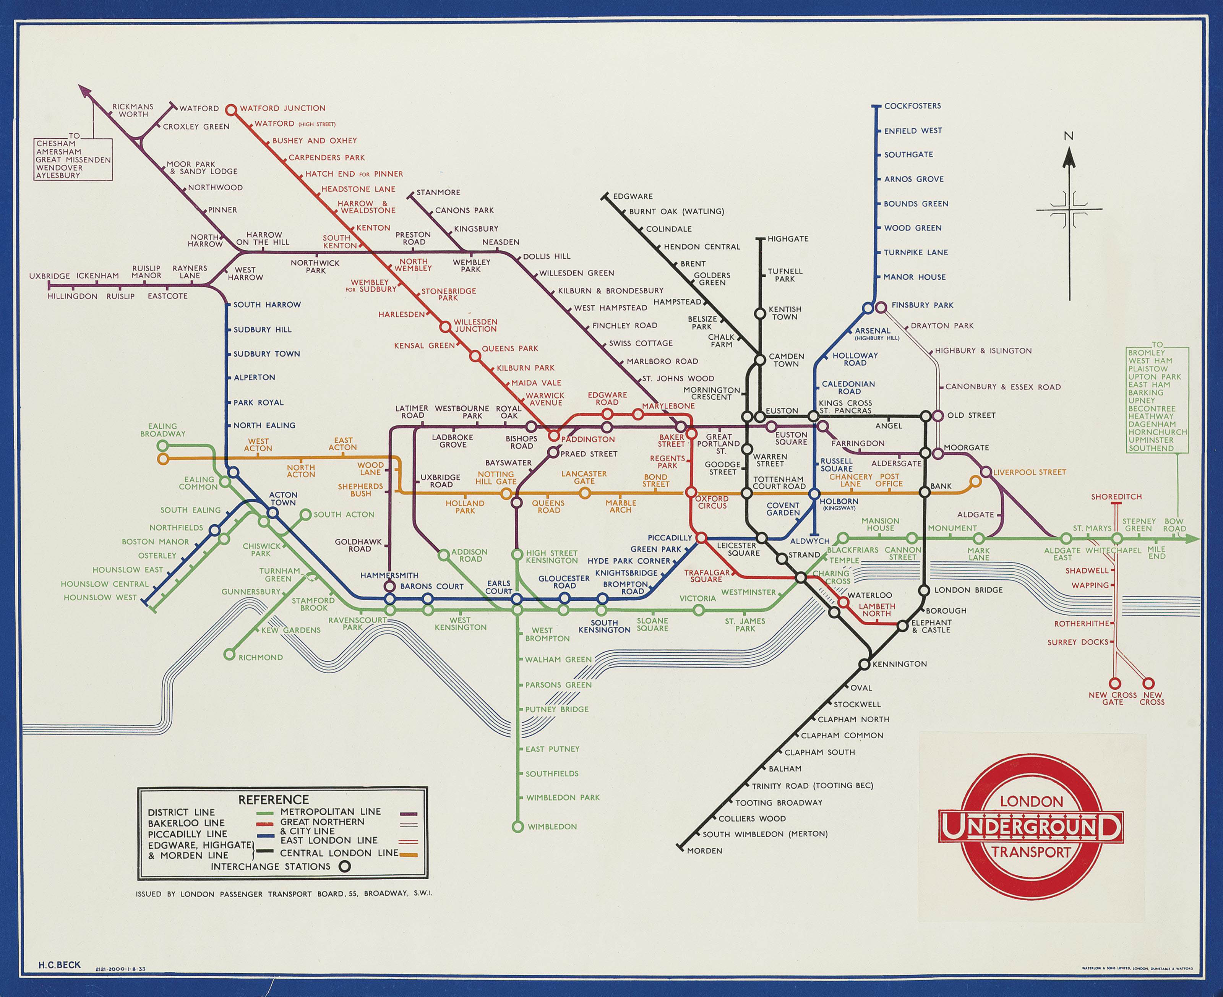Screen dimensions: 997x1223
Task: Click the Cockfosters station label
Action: pyautogui.click(x=912, y=106)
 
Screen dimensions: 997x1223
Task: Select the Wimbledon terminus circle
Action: pyautogui.click(x=517, y=827)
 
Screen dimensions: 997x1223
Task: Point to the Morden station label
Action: pyautogui.click(x=704, y=851)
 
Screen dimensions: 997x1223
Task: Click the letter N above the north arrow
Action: pyautogui.click(x=1069, y=136)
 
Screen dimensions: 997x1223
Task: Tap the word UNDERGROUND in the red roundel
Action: pyautogui.click(x=1030, y=827)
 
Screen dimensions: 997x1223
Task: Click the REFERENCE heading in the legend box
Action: pyautogui.click(x=273, y=799)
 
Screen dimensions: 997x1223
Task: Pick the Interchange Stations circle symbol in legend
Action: pyautogui.click(x=345, y=867)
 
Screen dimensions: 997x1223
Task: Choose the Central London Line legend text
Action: pyautogui.click(x=339, y=853)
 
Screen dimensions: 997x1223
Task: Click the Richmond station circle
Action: pyautogui.click(x=230, y=654)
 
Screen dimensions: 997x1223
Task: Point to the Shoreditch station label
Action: pyautogui.click(x=1116, y=497)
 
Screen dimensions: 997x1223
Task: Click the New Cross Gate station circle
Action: pyautogui.click(x=1114, y=683)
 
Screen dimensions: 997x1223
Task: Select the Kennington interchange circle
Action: pyautogui.click(x=864, y=665)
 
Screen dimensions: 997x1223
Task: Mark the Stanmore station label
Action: pyautogui.click(x=438, y=192)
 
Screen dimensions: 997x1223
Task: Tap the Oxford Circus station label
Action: pyautogui.click(x=712, y=502)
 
